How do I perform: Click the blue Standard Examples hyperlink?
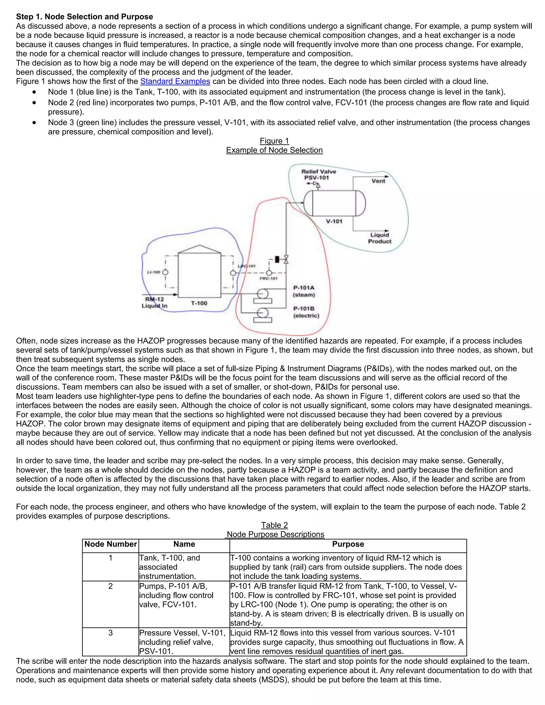pos(175,81)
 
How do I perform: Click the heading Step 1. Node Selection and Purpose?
pos(85,17)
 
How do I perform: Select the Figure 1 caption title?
pos(274,141)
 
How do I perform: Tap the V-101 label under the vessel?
pos(334,221)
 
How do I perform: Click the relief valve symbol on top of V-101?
pos(317,185)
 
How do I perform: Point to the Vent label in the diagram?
pos(378,181)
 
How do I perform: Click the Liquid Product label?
pos(380,238)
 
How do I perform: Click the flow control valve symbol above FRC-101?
pos(286,259)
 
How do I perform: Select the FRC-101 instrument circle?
pos(269,273)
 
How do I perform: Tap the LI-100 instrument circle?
pos(165,272)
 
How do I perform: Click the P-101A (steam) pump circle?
pos(262,293)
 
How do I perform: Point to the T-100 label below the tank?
pos(199,303)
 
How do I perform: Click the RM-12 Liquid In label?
pos(155,302)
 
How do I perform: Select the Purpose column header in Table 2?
pos(348,544)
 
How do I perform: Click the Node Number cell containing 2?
pos(110,586)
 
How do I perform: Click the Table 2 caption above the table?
pos(274,525)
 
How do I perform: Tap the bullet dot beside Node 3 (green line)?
pos(35,123)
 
